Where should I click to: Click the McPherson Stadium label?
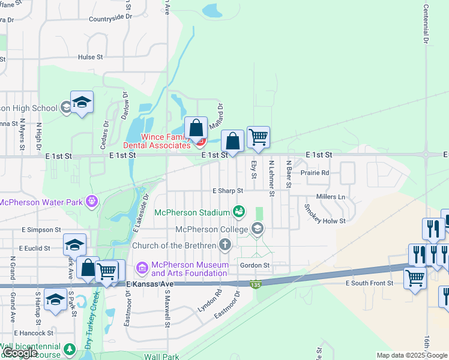click(x=192, y=212)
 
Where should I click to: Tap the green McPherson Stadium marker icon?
click(x=239, y=212)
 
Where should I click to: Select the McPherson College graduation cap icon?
click(x=258, y=228)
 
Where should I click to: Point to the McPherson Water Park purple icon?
click(x=91, y=200)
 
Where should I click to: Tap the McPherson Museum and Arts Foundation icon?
click(x=142, y=267)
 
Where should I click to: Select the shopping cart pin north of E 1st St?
click(x=258, y=137)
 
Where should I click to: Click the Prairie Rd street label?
click(x=315, y=173)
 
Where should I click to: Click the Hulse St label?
click(x=91, y=58)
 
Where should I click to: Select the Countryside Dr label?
click(x=110, y=18)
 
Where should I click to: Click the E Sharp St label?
click(x=228, y=191)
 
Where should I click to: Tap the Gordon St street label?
click(x=255, y=265)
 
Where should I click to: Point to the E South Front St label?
click(x=369, y=283)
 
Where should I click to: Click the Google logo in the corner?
click(x=20, y=353)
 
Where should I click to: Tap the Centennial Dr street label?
click(x=426, y=24)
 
